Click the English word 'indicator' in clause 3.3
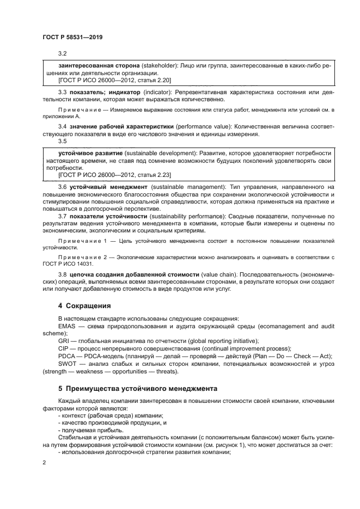[156, 93]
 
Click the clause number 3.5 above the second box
[62, 141]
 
